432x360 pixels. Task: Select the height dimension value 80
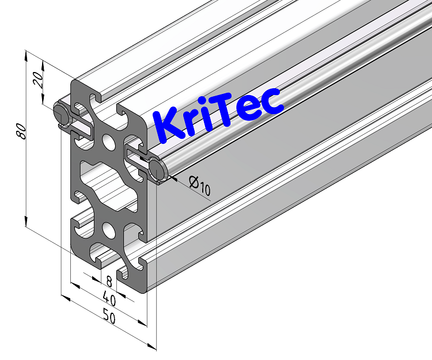click(x=21, y=131)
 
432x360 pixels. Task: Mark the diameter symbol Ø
click(x=195, y=183)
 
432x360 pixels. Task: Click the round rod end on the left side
click(x=60, y=111)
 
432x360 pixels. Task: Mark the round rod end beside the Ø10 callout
click(x=157, y=169)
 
